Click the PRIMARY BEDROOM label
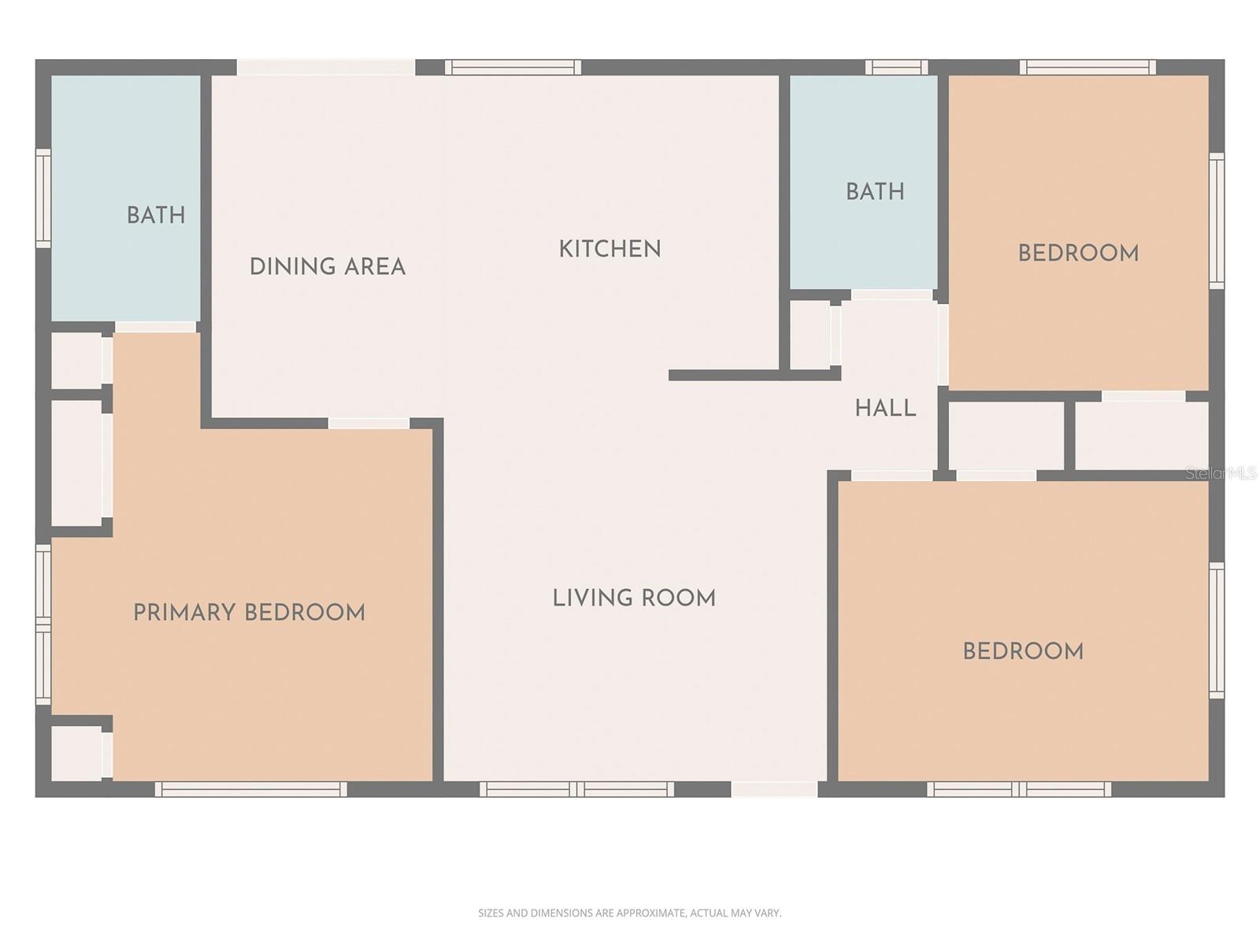[x=249, y=613]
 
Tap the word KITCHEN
[x=610, y=250]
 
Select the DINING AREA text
[x=328, y=267]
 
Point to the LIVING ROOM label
[x=634, y=598]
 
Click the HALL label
[x=885, y=408]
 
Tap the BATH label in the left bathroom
[x=156, y=215]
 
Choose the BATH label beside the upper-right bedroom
[x=875, y=191]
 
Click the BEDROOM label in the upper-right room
[x=1078, y=254]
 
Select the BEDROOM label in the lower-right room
[x=1023, y=651]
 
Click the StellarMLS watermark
[x=1221, y=473]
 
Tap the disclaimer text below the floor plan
[x=629, y=913]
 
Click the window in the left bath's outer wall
[x=43, y=198]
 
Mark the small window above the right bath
[x=896, y=67]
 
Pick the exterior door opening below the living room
[x=774, y=789]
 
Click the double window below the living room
[x=577, y=789]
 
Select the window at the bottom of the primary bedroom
[x=250, y=789]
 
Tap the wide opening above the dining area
[x=326, y=67]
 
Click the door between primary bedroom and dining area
[x=369, y=424]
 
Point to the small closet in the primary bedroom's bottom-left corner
[x=76, y=753]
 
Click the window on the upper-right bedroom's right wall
[x=1217, y=220]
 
